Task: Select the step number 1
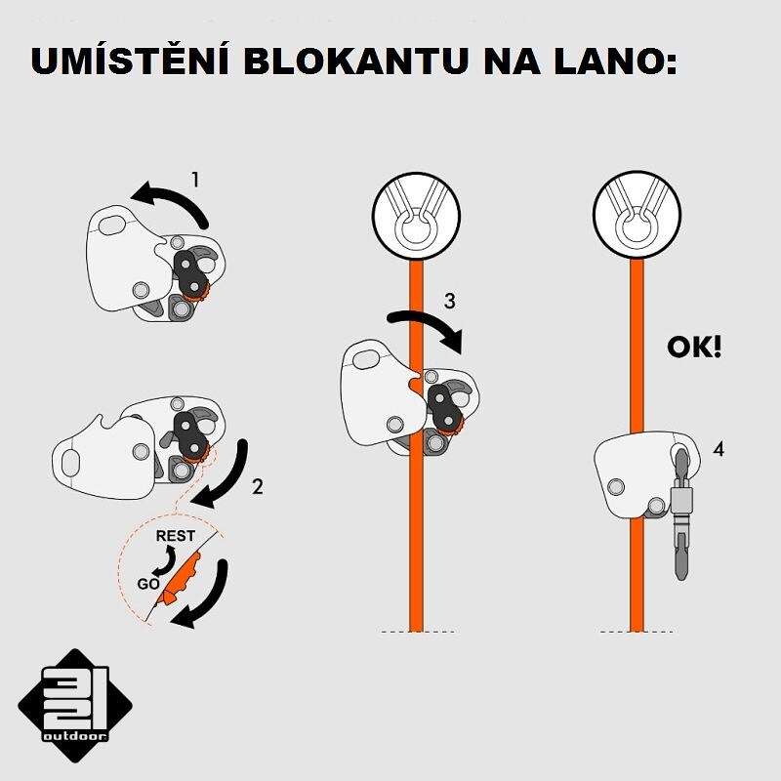point(195,179)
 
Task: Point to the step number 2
point(257,486)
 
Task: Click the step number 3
point(449,301)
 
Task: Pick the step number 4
point(719,450)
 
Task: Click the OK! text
point(694,347)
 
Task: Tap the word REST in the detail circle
point(176,536)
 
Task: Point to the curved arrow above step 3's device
point(426,328)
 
